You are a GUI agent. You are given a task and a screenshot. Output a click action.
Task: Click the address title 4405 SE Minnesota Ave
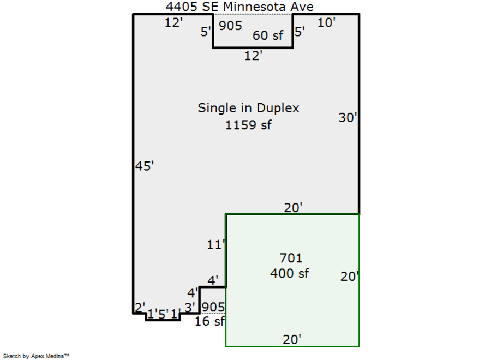pos(239,7)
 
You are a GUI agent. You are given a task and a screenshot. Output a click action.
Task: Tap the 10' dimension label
pos(326,22)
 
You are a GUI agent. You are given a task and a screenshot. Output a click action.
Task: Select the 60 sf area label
pos(268,36)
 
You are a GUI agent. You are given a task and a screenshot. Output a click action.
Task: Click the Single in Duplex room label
pos(248,108)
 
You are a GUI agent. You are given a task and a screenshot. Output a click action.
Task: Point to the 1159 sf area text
pos(248,125)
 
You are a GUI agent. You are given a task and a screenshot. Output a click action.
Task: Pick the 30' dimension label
pos(348,117)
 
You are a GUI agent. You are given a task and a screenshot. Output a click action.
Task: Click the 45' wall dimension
pos(145,166)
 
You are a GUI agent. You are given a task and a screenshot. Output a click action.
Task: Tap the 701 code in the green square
pos(291,258)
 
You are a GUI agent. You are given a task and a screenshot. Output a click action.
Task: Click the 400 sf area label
pos(290,273)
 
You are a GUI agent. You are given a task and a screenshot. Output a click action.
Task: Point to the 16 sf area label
pos(210,321)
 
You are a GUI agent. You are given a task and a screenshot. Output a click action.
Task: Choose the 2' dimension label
pos(140,308)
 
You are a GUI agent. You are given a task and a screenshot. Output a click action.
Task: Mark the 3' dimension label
pos(189,308)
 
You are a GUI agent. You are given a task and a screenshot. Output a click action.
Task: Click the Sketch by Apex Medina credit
pos(36,356)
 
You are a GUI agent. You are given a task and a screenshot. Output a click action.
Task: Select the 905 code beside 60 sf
pos(230,26)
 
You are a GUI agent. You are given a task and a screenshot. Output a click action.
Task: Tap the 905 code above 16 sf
pos(213,308)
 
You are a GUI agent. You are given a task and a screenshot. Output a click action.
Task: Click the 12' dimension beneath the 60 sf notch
pos(254,55)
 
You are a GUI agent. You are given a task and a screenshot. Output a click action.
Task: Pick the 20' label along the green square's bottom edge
pos(292,339)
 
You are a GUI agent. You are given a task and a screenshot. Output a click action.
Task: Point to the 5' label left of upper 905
pos(206,32)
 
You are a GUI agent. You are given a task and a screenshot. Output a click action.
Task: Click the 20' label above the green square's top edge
pos(293,207)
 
